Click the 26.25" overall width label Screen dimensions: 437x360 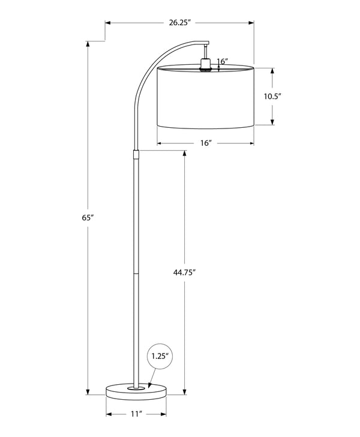[179, 23]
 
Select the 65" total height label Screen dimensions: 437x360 [88, 217]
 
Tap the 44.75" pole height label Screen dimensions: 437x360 [185, 271]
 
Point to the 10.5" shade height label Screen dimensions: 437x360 [273, 95]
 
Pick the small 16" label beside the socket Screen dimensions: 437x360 [223, 61]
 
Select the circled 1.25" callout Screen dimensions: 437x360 [159, 356]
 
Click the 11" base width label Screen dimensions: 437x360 [136, 414]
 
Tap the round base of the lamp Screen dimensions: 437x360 [136, 391]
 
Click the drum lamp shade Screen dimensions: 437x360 [206, 96]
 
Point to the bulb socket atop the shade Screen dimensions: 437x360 [206, 65]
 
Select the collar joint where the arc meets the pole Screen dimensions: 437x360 [136, 154]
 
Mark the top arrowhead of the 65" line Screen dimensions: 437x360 [88, 44]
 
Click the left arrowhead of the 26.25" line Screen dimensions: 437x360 [109, 23]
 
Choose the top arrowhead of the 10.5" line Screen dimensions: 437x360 [273, 69]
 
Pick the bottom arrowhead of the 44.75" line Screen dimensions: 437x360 [185, 392]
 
